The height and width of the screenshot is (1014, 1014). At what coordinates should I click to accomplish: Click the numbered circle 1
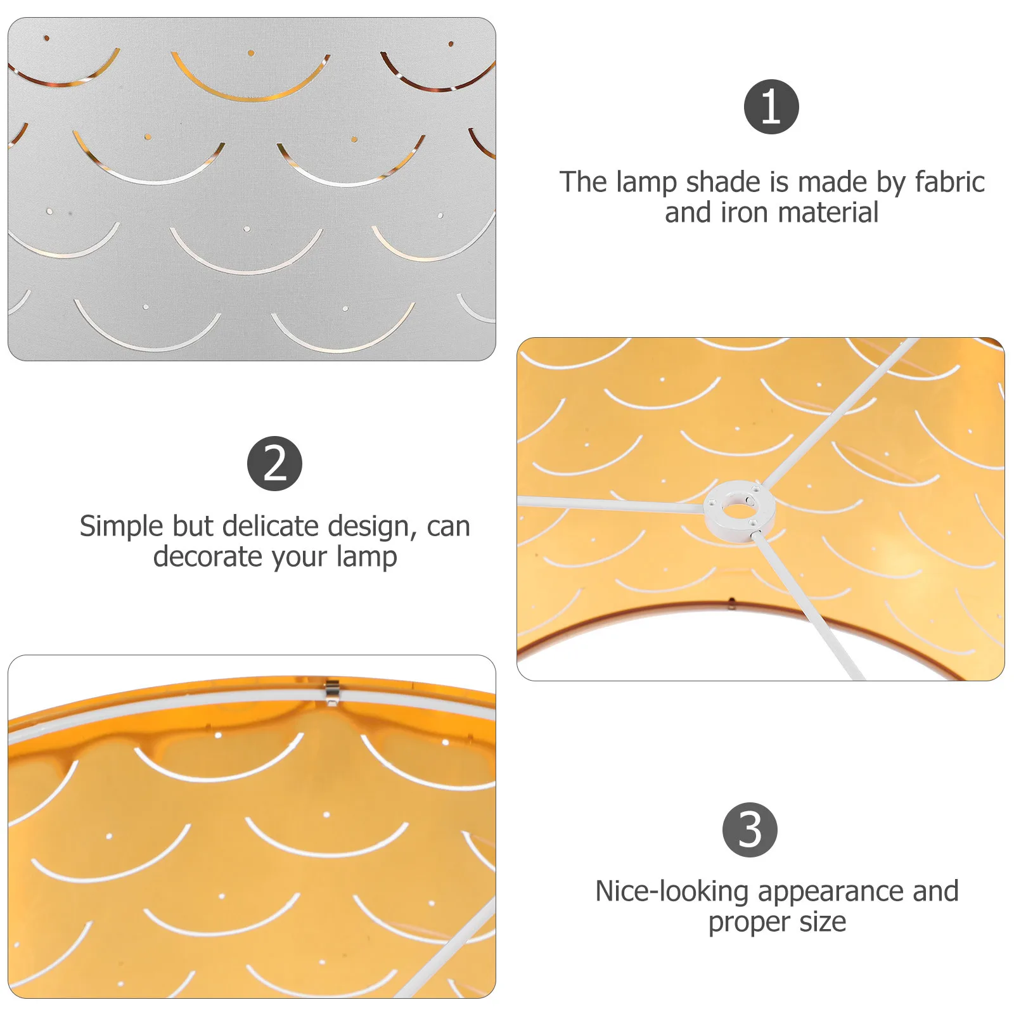(x=771, y=106)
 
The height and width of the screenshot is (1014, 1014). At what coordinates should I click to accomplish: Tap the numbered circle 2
(x=274, y=463)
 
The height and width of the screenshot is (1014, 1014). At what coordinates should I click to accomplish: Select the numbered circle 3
(x=750, y=830)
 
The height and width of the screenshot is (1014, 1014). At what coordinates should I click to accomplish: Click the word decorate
(x=207, y=557)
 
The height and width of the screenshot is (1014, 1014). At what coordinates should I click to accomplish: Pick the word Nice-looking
(x=672, y=892)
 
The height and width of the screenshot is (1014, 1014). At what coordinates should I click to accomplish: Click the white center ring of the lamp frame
(x=739, y=511)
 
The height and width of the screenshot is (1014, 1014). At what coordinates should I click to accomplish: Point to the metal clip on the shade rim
(x=331, y=691)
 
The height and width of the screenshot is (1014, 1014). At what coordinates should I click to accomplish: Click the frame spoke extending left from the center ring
(x=608, y=504)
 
